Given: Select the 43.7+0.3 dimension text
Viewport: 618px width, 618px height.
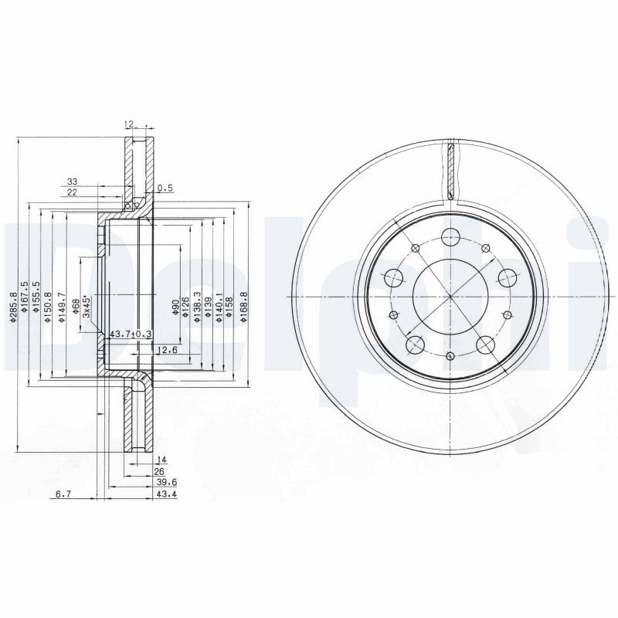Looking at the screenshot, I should click(131, 334).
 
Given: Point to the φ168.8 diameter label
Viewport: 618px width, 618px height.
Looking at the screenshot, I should click(243, 307).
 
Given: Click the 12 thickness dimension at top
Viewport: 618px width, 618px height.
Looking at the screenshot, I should click(130, 124).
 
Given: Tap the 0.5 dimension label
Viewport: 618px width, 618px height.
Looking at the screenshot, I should click(165, 188).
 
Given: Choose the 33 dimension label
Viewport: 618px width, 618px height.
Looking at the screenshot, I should click(72, 181).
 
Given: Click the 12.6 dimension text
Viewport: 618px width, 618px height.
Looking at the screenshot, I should click(168, 350).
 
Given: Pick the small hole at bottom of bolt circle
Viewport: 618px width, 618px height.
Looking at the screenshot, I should click(450, 356).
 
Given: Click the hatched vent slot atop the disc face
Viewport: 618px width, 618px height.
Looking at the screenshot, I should click(450, 170).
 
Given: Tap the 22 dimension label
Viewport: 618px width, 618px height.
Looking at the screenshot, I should click(72, 192).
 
